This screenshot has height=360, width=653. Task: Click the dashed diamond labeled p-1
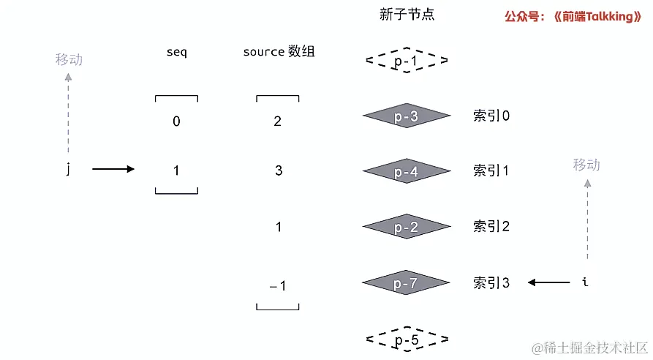pyautogui.click(x=406, y=61)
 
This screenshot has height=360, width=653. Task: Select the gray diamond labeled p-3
pyautogui.click(x=406, y=116)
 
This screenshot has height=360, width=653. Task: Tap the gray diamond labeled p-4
pyautogui.click(x=406, y=171)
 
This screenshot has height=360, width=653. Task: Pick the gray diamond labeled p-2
pyautogui.click(x=406, y=227)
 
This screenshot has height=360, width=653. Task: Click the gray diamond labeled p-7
pyautogui.click(x=406, y=282)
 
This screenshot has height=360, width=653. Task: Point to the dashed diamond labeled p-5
pyautogui.click(x=406, y=340)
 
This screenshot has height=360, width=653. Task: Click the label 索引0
pyautogui.click(x=491, y=116)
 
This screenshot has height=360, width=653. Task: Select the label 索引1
pyautogui.click(x=491, y=171)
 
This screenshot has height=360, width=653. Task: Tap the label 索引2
pyautogui.click(x=491, y=227)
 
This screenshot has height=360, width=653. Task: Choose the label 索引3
pyautogui.click(x=491, y=282)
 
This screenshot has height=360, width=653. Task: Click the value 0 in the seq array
pyautogui.click(x=176, y=121)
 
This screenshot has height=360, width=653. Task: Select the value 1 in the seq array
pyautogui.click(x=176, y=170)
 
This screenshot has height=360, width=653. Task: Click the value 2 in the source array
pyautogui.click(x=278, y=121)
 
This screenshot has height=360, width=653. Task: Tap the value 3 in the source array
pyautogui.click(x=278, y=170)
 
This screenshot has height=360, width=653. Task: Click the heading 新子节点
pyautogui.click(x=407, y=15)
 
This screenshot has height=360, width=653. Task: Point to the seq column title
pyautogui.click(x=176, y=53)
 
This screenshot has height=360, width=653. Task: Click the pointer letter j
pyautogui.click(x=68, y=170)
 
